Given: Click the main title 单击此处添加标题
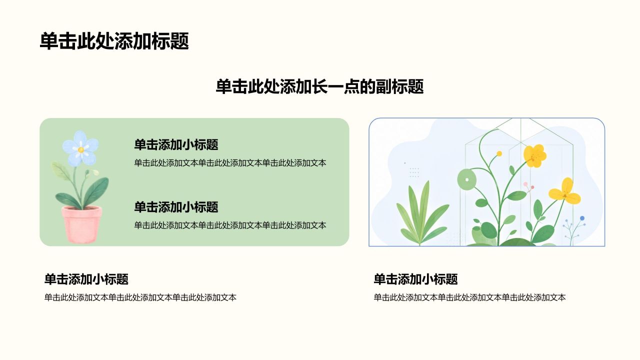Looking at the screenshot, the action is point(114,41).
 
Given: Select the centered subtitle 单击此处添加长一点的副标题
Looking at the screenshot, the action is point(319,86).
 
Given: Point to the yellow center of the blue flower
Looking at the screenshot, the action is point(81,149).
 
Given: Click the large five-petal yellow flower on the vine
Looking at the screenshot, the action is point(535,155).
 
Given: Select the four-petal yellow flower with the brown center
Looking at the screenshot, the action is point(565,191).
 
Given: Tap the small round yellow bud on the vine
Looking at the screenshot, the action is point(499,153).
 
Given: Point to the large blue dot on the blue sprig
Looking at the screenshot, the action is point(582,218).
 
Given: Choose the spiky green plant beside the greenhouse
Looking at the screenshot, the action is point(420,213).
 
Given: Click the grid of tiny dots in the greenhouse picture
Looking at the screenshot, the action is point(414,172).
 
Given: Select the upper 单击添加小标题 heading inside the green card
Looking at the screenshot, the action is point(176,145).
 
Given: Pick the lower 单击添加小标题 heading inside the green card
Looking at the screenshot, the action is point(176,207).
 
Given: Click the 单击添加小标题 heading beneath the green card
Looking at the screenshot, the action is point(86,279).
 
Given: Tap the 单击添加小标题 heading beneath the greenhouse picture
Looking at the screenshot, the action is point(415,279).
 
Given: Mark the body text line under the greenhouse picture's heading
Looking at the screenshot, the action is point(469,297).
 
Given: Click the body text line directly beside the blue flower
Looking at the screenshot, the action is point(230,163).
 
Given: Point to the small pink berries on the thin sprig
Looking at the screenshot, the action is point(528,186).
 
